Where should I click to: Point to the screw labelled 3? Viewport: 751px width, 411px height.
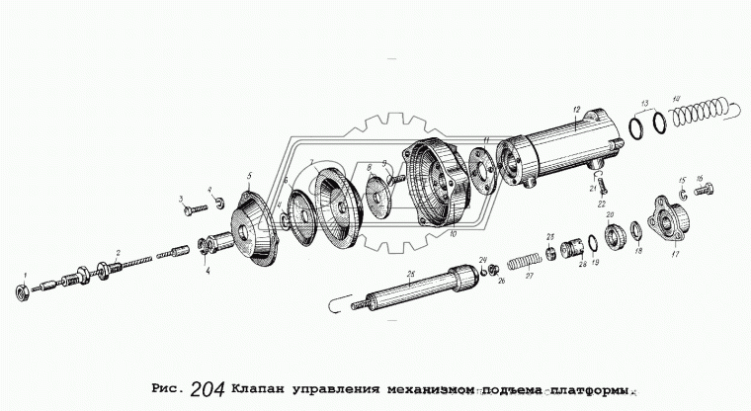pyautogui.click(x=195, y=208)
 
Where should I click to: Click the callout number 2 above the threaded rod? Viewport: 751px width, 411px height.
pyautogui.click(x=119, y=253)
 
